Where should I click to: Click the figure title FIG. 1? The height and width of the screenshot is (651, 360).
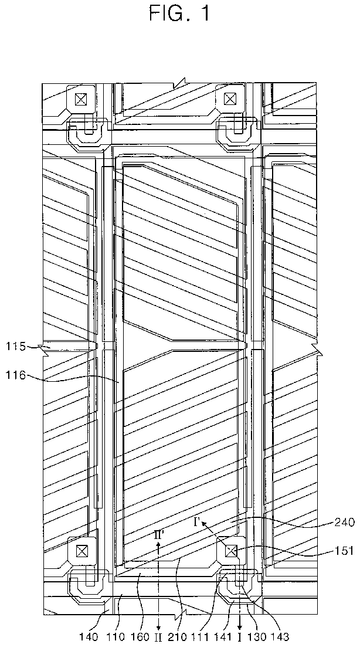179,14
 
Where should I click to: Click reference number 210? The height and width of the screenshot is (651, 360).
179,635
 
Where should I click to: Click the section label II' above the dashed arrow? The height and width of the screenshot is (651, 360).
159,535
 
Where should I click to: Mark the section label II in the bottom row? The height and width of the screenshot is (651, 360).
159,635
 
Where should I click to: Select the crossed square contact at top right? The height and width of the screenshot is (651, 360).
230,99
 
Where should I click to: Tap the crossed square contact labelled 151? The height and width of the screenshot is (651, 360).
230,551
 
